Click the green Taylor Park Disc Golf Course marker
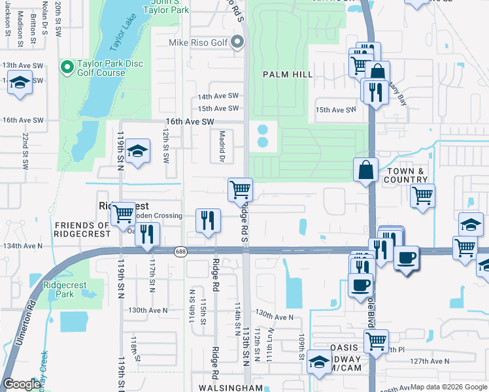[66, 67]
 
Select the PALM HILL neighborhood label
[288, 74]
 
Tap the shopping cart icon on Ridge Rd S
[240, 190]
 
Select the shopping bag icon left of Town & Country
[365, 170]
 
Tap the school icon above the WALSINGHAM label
[318, 364]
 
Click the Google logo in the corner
[22, 384]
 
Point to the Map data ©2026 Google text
[448, 387]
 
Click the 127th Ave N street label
[430, 361]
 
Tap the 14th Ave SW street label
[218, 96]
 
